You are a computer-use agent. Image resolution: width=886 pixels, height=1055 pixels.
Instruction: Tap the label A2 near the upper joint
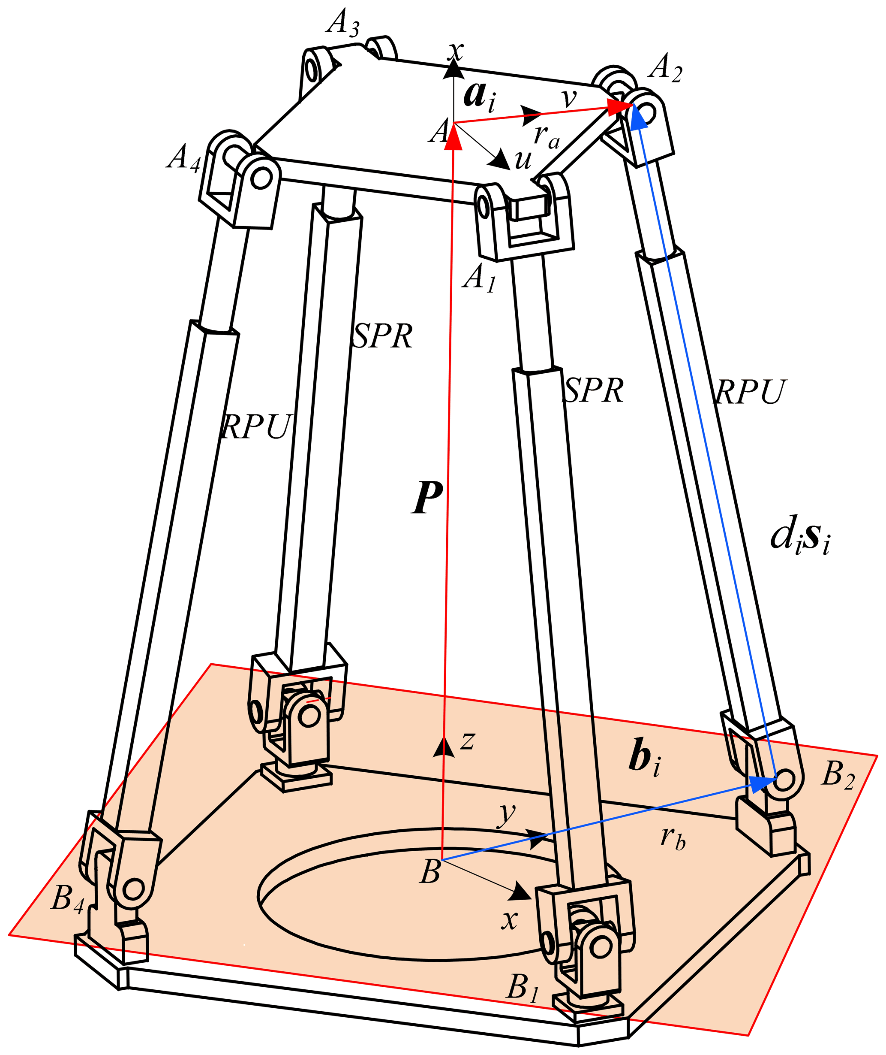pos(664,68)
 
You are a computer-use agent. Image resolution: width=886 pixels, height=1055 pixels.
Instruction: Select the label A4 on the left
pos(184,158)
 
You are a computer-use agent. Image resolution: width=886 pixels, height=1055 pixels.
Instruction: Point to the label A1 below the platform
pos(479,278)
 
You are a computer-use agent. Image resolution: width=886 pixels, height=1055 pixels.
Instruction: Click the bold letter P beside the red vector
pos(427,497)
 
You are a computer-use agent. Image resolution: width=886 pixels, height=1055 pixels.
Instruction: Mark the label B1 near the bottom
pos(523,987)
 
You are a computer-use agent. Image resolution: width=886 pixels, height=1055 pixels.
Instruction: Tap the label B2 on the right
pos(837,774)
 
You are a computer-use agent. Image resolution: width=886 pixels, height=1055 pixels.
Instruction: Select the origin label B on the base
pos(430,872)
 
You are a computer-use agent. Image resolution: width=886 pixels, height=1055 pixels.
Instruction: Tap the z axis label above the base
pos(468,741)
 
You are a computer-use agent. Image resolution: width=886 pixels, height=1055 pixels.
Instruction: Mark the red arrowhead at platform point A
pos(454,137)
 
